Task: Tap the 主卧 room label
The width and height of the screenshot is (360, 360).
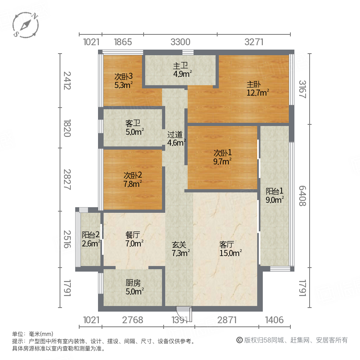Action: point(253,84)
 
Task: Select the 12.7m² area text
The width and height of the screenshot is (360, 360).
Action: point(257,93)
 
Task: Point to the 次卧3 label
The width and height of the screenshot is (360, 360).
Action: point(123,76)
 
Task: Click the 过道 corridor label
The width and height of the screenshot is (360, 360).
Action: point(175,135)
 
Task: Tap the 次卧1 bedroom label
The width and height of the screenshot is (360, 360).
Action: point(222,153)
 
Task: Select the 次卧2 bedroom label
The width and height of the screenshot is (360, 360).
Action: point(133,175)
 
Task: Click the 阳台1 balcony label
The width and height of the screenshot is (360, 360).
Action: point(275,191)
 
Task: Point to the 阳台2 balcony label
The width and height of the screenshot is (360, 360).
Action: point(90,235)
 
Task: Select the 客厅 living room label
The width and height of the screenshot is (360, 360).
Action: point(226,244)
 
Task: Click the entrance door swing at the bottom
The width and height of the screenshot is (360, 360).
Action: point(185,313)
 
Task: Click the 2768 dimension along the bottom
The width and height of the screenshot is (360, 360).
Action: point(133,320)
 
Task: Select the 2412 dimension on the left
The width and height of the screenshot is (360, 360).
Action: point(67,80)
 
